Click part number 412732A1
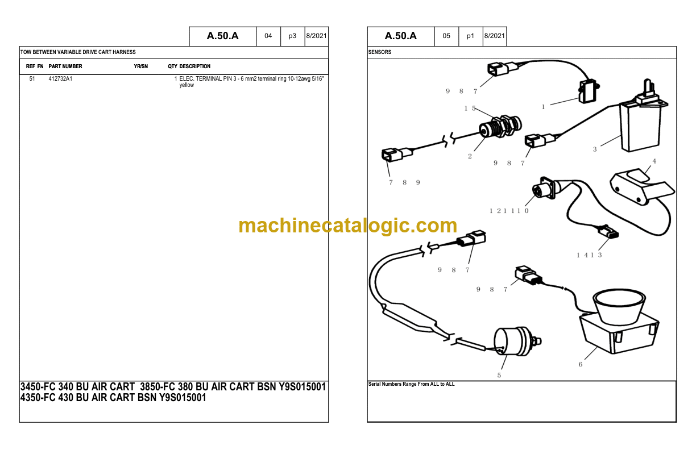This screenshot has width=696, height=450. pyautogui.click(x=60, y=79)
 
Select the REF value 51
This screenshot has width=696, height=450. pyautogui.click(x=32, y=79)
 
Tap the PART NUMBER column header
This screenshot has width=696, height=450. pyautogui.click(x=65, y=66)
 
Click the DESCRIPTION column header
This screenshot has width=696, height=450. pyautogui.click(x=195, y=66)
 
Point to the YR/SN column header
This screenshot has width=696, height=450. pyautogui.click(x=141, y=66)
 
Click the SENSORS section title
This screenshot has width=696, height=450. pyautogui.click(x=380, y=52)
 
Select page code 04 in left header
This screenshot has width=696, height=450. pyautogui.click(x=268, y=36)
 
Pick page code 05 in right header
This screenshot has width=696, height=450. pyautogui.click(x=446, y=36)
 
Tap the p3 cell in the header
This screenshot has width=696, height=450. pyautogui.click(x=292, y=36)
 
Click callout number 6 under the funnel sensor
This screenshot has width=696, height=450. pyautogui.click(x=580, y=364)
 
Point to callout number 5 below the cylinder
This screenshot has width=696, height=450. pyautogui.click(x=499, y=375)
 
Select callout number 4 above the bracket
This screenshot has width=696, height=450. pyautogui.click(x=654, y=161)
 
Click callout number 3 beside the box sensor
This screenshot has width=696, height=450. pyautogui.click(x=595, y=149)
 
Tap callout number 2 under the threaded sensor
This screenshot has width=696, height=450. pyautogui.click(x=470, y=156)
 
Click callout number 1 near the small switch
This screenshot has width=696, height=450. pyautogui.click(x=543, y=107)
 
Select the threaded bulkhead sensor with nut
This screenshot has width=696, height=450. pyautogui.click(x=500, y=127)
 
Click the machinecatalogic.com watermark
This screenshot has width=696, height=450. pyautogui.click(x=347, y=225)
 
